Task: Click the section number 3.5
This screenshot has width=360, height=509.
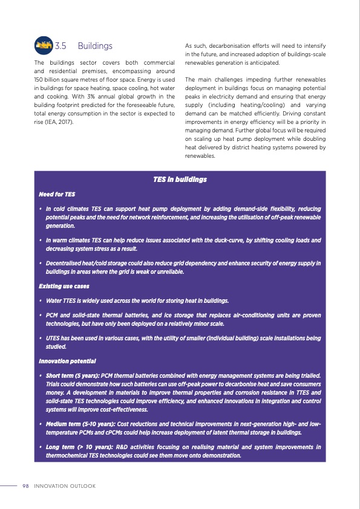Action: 60,46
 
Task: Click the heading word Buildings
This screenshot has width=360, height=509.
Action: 95,46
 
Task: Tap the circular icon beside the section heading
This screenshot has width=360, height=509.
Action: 44,45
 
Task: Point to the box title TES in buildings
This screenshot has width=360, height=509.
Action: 180,180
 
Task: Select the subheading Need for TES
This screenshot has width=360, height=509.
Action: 57,195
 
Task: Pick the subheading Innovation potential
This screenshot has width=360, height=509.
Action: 67,361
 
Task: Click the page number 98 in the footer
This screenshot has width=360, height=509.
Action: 26,486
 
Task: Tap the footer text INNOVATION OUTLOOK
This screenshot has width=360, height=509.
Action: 65,486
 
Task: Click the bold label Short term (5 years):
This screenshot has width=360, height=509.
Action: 73,375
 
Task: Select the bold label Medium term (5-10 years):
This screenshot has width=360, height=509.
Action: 79,424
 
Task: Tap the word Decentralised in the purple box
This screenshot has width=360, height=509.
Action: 65,263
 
